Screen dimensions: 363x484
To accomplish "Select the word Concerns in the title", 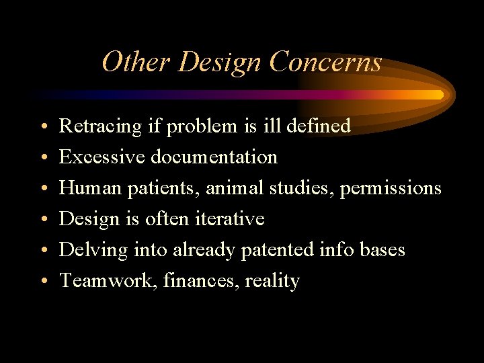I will coord(325,62).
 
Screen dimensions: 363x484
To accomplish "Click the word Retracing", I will coord(100,126).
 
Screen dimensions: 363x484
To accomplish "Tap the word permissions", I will coord(391,188).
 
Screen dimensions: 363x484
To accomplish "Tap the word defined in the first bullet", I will coord(321,126).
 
